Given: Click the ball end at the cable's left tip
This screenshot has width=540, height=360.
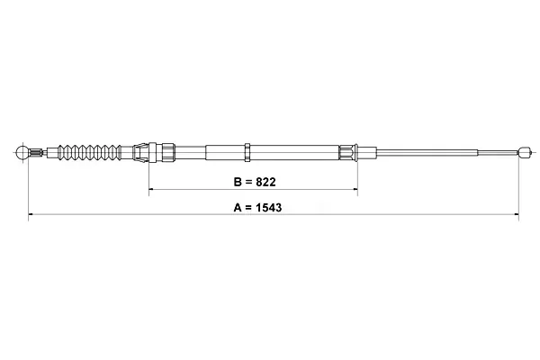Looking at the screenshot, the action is tap(22, 152).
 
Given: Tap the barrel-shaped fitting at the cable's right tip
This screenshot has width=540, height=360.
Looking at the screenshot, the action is tap(523, 152).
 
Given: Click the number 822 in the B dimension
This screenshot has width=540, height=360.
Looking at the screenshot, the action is tap(265, 182).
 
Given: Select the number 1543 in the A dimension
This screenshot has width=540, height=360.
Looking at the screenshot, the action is tap(268, 208).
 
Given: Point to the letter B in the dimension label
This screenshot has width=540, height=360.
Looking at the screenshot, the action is tap(238, 182).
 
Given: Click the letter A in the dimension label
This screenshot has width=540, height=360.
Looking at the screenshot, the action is tap(238, 208).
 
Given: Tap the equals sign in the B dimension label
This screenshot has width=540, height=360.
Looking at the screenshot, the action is tap(248, 182).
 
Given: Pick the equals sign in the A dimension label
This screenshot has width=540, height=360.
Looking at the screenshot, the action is tap(248, 208).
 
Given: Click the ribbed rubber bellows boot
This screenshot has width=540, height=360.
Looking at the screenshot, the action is tap(89, 152).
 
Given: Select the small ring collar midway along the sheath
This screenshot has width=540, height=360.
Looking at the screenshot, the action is tap(247, 152).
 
